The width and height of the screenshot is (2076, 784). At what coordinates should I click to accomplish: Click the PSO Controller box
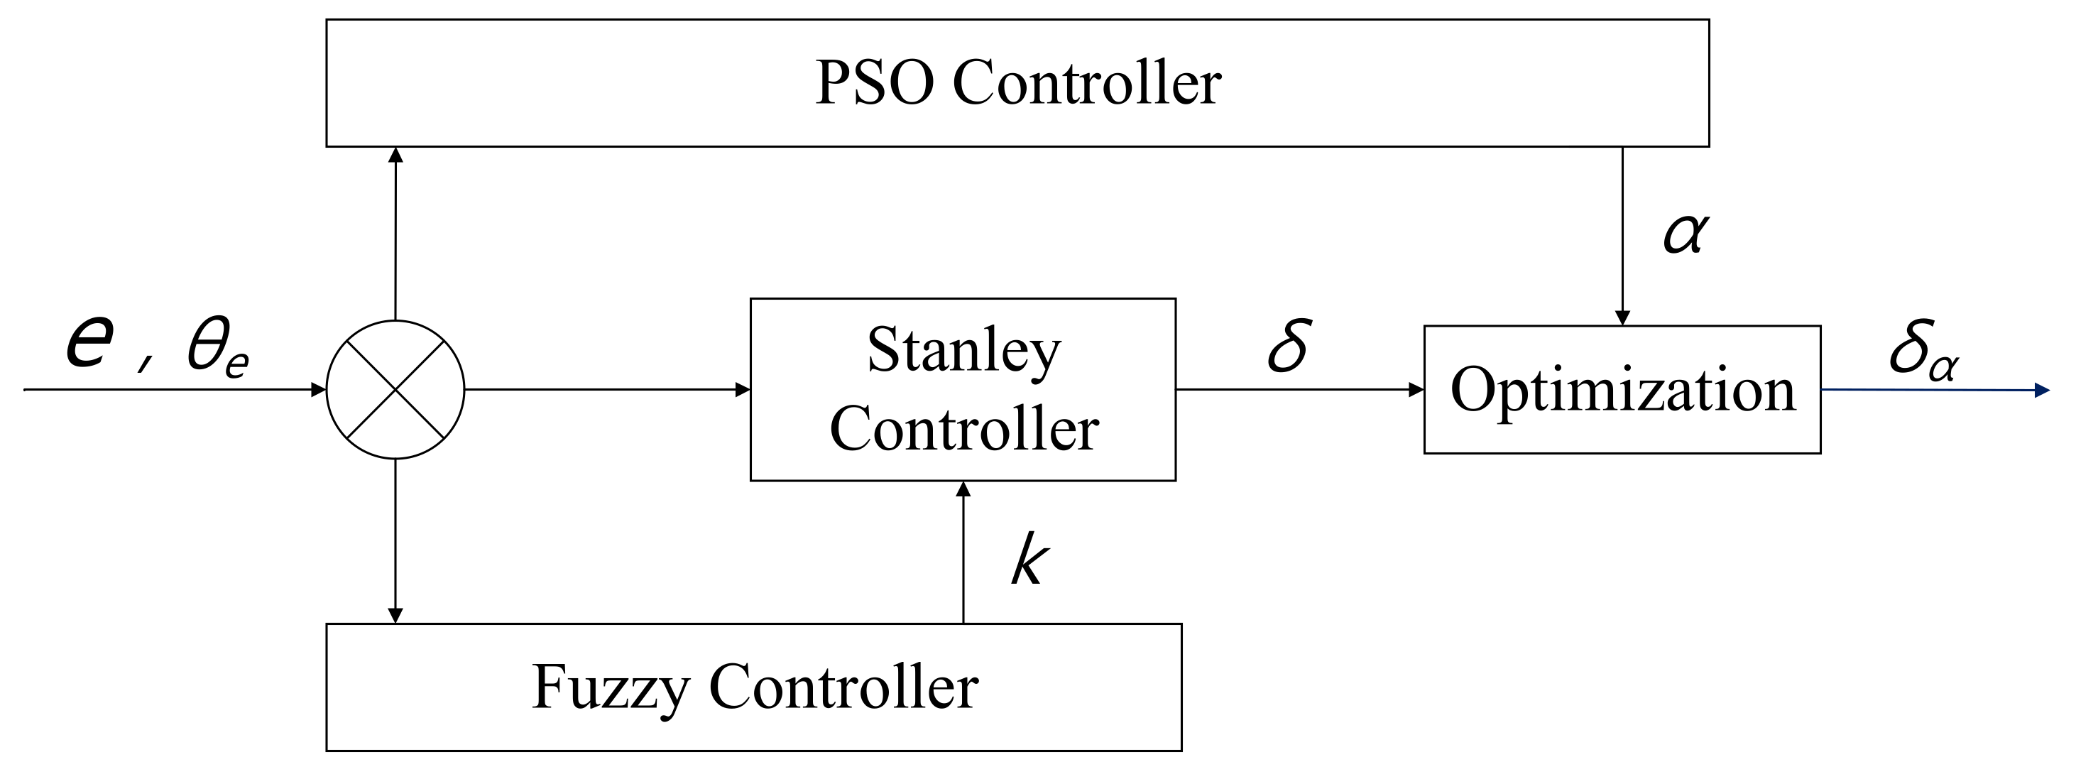pos(1017,83)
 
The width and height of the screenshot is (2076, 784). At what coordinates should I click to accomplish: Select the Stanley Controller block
pos(962,390)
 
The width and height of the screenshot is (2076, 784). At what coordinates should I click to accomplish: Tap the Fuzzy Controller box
pos(753,687)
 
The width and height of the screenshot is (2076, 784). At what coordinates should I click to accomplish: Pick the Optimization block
pos(1622,390)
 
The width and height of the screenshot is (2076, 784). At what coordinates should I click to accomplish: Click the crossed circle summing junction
pos(395,390)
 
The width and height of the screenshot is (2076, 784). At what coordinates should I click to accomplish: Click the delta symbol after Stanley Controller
pos(1288,347)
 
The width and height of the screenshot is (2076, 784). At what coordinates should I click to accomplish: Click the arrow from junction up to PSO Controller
pos(395,234)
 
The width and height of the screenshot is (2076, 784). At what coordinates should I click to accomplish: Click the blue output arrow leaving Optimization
pos(1934,390)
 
